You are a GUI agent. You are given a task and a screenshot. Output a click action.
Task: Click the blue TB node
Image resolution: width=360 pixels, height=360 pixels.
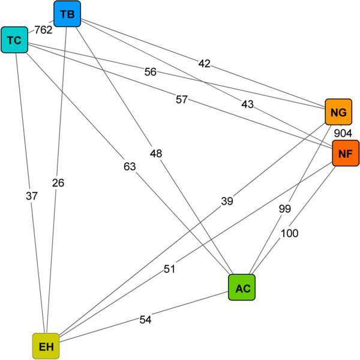pyautogui.click(x=67, y=14)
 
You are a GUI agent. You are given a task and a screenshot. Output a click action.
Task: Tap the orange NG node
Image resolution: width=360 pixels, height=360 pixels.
pyautogui.click(x=338, y=112)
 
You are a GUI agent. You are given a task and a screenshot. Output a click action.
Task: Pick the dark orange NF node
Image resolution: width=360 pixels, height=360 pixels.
pyautogui.click(x=345, y=153)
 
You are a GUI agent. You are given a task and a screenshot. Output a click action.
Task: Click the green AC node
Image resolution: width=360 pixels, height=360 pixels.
pyautogui.click(x=242, y=288)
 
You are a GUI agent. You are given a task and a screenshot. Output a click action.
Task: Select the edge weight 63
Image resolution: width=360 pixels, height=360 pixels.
pyautogui.click(x=131, y=166)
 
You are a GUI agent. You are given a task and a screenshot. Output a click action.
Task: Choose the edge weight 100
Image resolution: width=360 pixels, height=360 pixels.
pyautogui.click(x=289, y=233)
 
